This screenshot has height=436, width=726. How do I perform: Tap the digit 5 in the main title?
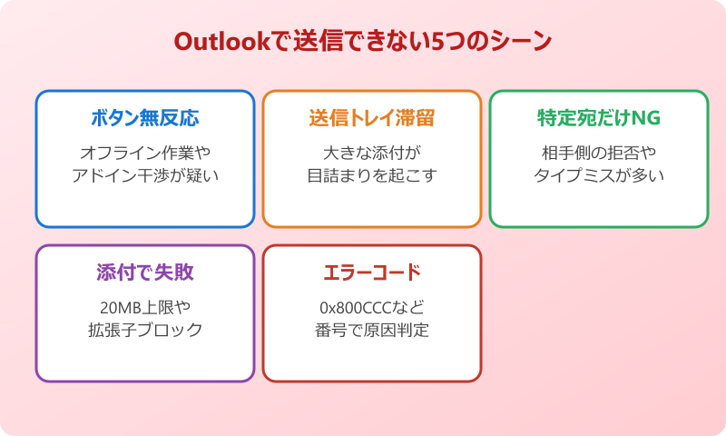click(x=447, y=43)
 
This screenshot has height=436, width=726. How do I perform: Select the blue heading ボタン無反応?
click(x=145, y=119)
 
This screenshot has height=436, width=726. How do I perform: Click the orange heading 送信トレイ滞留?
click(x=372, y=119)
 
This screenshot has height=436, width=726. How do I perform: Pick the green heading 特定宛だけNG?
click(x=599, y=119)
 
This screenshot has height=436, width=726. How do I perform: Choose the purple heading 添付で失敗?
click(x=145, y=273)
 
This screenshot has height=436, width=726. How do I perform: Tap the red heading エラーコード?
click(x=372, y=273)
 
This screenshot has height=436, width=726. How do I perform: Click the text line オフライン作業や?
click(x=145, y=152)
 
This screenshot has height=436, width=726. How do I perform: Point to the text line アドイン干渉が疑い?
click(x=145, y=175)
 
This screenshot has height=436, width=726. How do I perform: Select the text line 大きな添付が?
click(x=372, y=152)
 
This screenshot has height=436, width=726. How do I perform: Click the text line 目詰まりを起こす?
click(x=372, y=175)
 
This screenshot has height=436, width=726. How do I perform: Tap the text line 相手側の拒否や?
click(x=599, y=152)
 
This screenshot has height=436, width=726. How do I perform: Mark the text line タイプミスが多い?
click(x=599, y=175)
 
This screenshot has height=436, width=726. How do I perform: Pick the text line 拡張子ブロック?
click(x=145, y=330)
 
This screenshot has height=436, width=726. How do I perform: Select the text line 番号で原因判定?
click(x=372, y=330)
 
